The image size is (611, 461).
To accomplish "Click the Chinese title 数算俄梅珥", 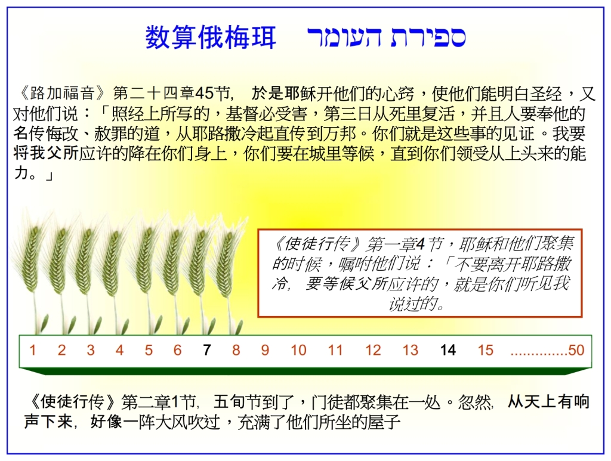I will (x=211, y=38).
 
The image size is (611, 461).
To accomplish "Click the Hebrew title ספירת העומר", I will (x=386, y=38).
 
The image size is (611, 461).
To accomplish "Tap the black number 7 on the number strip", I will (x=206, y=351).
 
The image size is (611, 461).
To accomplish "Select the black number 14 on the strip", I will (x=448, y=351).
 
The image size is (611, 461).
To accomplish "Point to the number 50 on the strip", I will (x=576, y=351).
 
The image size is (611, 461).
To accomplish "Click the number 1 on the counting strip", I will (x=33, y=351).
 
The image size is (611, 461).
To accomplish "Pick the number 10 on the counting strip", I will (x=298, y=351).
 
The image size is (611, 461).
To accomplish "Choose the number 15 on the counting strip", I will (x=486, y=351).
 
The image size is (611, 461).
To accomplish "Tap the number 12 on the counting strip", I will (x=373, y=351).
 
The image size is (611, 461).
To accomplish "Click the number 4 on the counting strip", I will (x=119, y=351).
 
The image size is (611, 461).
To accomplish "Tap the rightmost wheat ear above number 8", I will (x=226, y=262).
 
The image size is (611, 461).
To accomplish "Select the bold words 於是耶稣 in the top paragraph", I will (x=276, y=94).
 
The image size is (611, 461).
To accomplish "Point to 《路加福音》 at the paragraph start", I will (x=62, y=94).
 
